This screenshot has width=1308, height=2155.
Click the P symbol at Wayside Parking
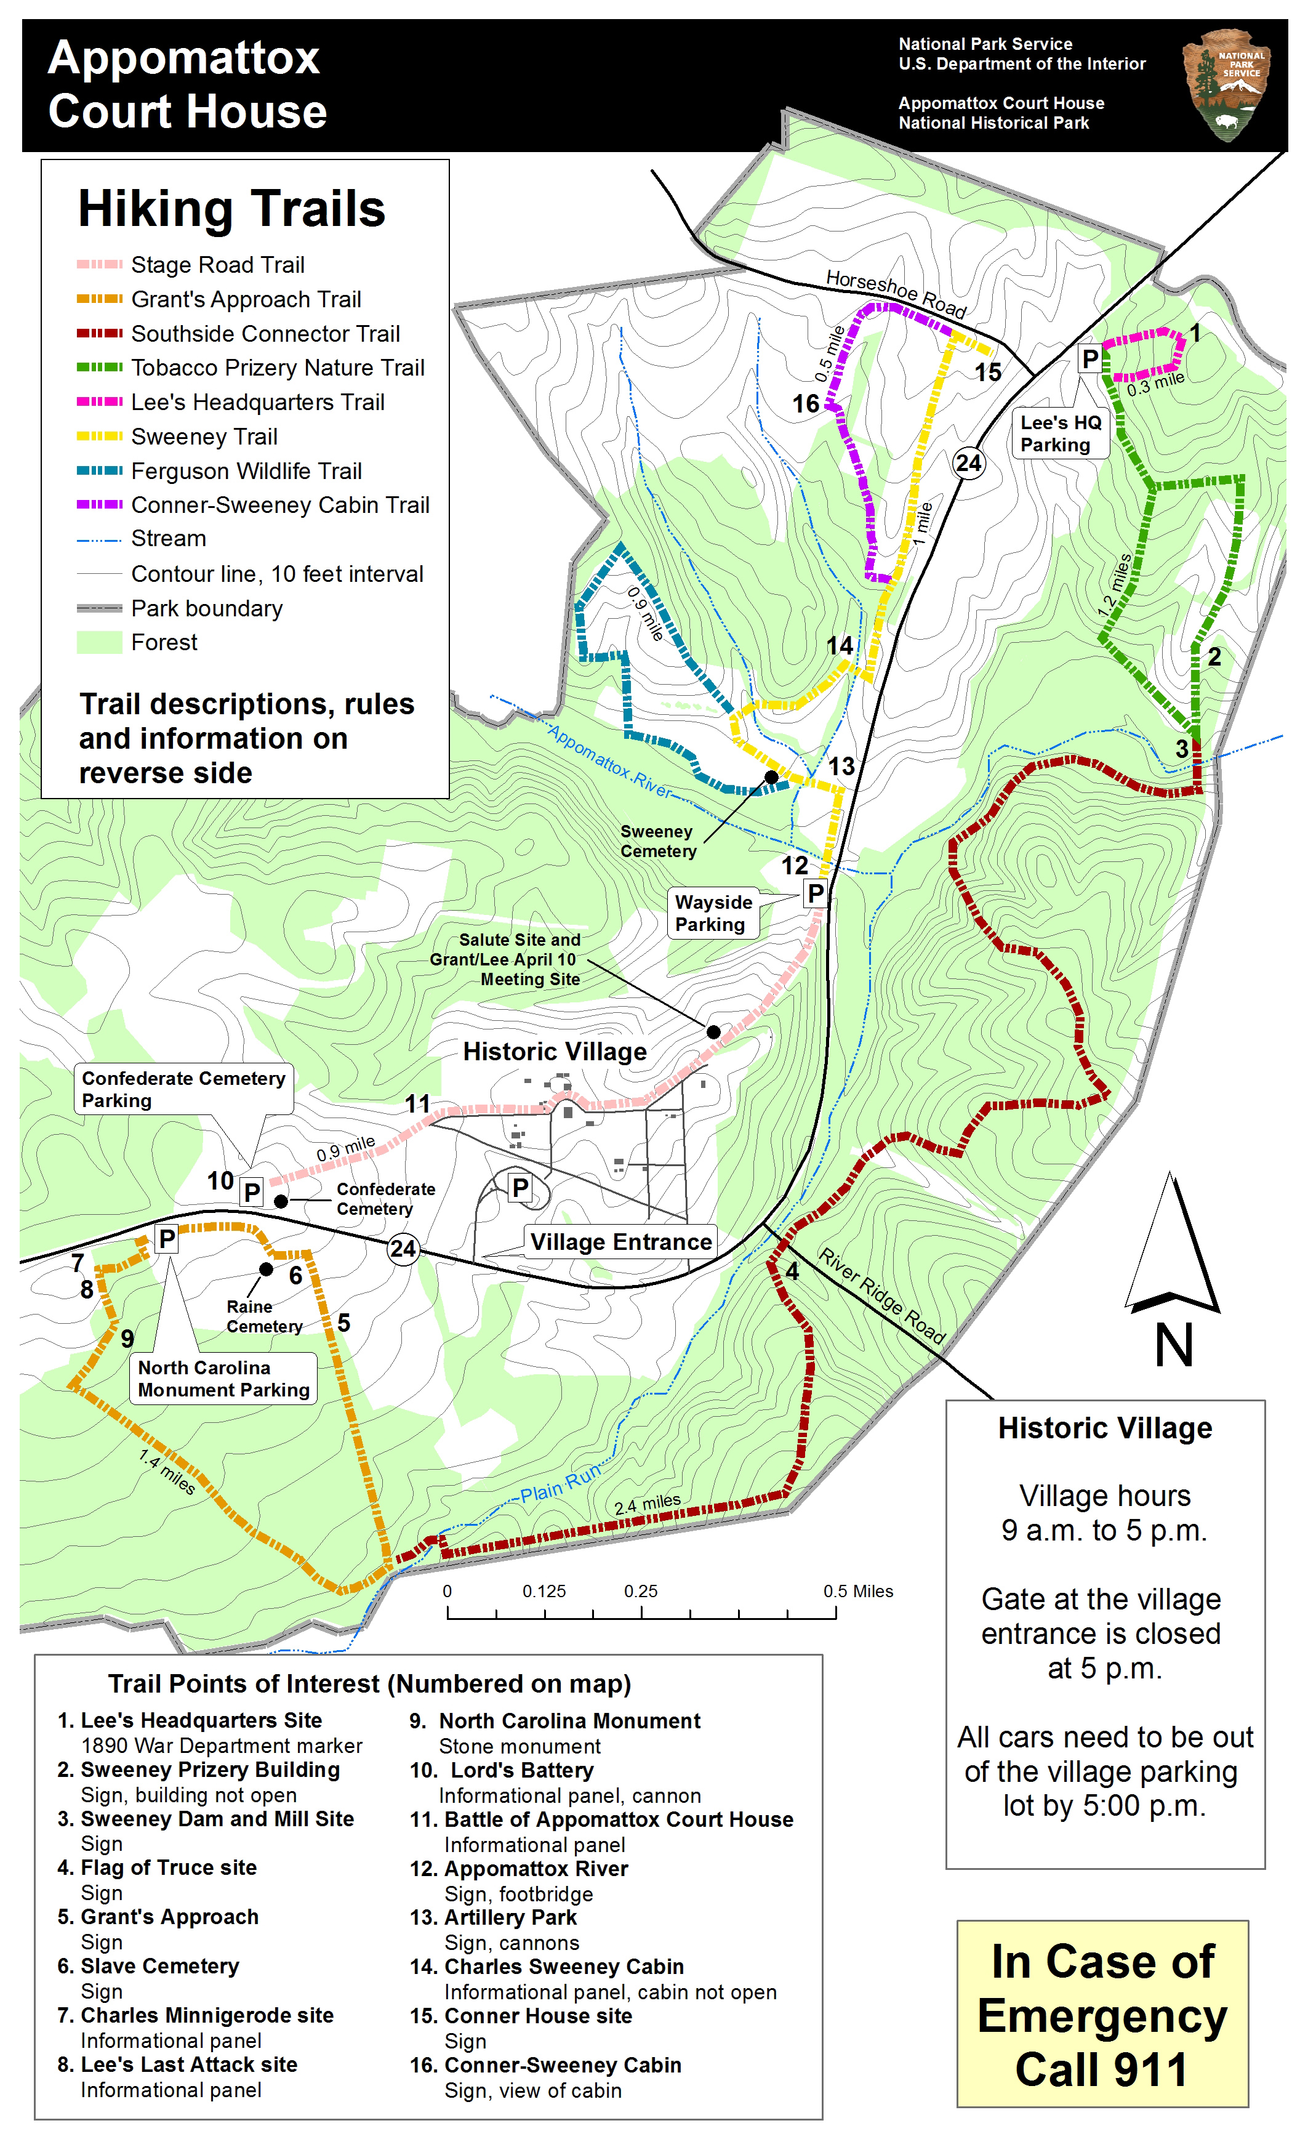pyautogui.click(x=815, y=893)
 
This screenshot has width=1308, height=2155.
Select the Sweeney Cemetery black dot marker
pyautogui.click(x=771, y=776)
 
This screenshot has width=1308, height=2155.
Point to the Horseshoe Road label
pyautogui.click(x=896, y=294)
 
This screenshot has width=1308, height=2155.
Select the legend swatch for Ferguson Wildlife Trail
pyautogui.click(x=99, y=470)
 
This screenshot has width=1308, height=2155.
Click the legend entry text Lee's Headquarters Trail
pyautogui.click(x=257, y=402)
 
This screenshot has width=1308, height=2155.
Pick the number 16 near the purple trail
pyautogui.click(x=806, y=404)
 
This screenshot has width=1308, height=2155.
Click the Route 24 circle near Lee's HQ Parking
pyautogui.click(x=968, y=462)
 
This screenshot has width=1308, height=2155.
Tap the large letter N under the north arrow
pyautogui.click(x=1173, y=1345)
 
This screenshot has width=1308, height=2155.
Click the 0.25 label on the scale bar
pyautogui.click(x=640, y=1591)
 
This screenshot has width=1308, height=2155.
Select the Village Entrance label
pyautogui.click(x=621, y=1242)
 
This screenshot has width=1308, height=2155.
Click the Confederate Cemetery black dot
pyautogui.click(x=281, y=1202)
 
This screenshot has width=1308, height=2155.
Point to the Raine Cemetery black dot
pyautogui.click(x=266, y=1269)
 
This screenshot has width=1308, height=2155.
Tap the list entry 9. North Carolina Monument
pyautogui.click(x=556, y=1721)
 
